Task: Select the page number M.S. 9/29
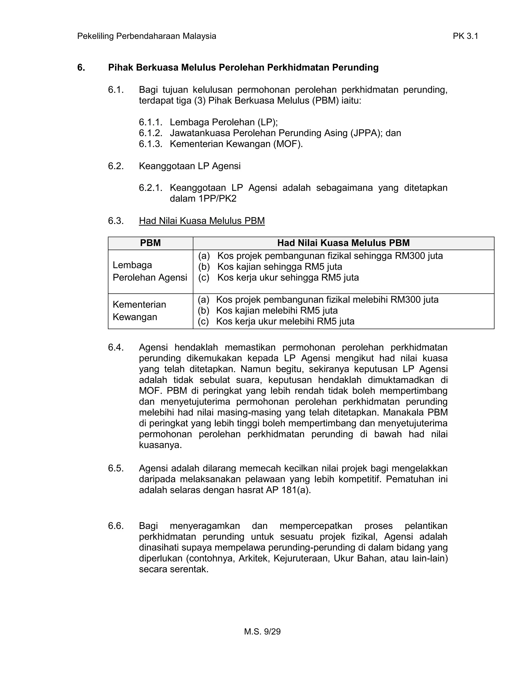(262, 631)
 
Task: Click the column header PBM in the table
(150, 243)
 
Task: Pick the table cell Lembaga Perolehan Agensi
(150, 271)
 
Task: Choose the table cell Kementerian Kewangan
(139, 311)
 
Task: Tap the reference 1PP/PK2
(217, 199)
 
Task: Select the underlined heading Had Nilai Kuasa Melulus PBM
(201, 221)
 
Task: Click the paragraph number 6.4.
(116, 347)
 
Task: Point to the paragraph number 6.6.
(116, 526)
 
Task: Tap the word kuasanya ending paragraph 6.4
(160, 445)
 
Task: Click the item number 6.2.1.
(150, 188)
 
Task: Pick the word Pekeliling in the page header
(95, 36)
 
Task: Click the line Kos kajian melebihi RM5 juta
(277, 311)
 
